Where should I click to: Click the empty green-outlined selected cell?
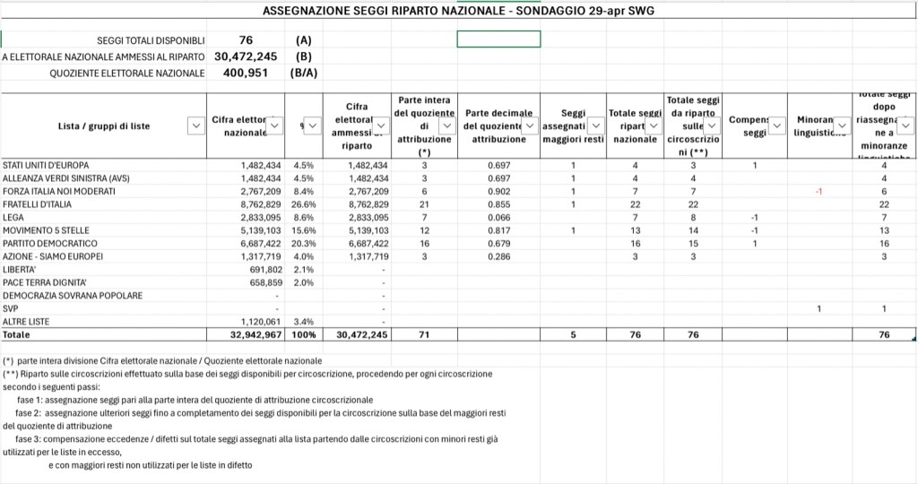click(x=498, y=39)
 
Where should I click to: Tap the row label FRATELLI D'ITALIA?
click(x=39, y=204)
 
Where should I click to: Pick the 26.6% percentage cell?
click(x=303, y=204)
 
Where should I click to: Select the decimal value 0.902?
click(x=498, y=192)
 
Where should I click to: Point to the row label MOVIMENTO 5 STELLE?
click(x=46, y=230)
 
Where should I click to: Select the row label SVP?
click(x=11, y=308)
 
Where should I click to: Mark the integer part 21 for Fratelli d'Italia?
click(x=424, y=204)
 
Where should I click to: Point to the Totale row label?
click(x=16, y=334)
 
